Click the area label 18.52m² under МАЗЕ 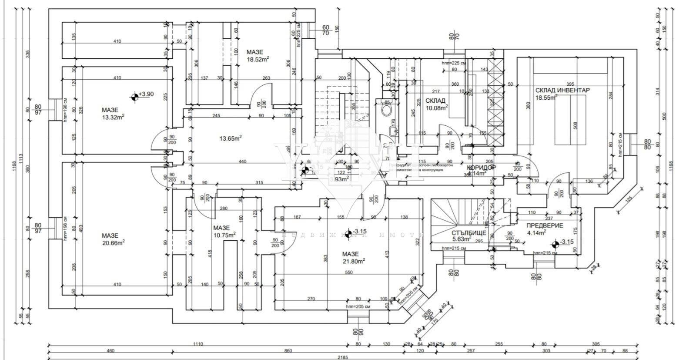click(258, 60)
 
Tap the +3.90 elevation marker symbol click(135, 95)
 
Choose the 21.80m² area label click(353, 261)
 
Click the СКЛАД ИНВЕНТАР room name click(562, 90)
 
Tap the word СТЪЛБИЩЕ click(468, 233)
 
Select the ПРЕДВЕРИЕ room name click(545, 225)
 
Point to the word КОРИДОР click(481, 167)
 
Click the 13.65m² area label click(230, 138)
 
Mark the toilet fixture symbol click(386, 109)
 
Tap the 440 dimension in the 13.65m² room click(242, 161)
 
